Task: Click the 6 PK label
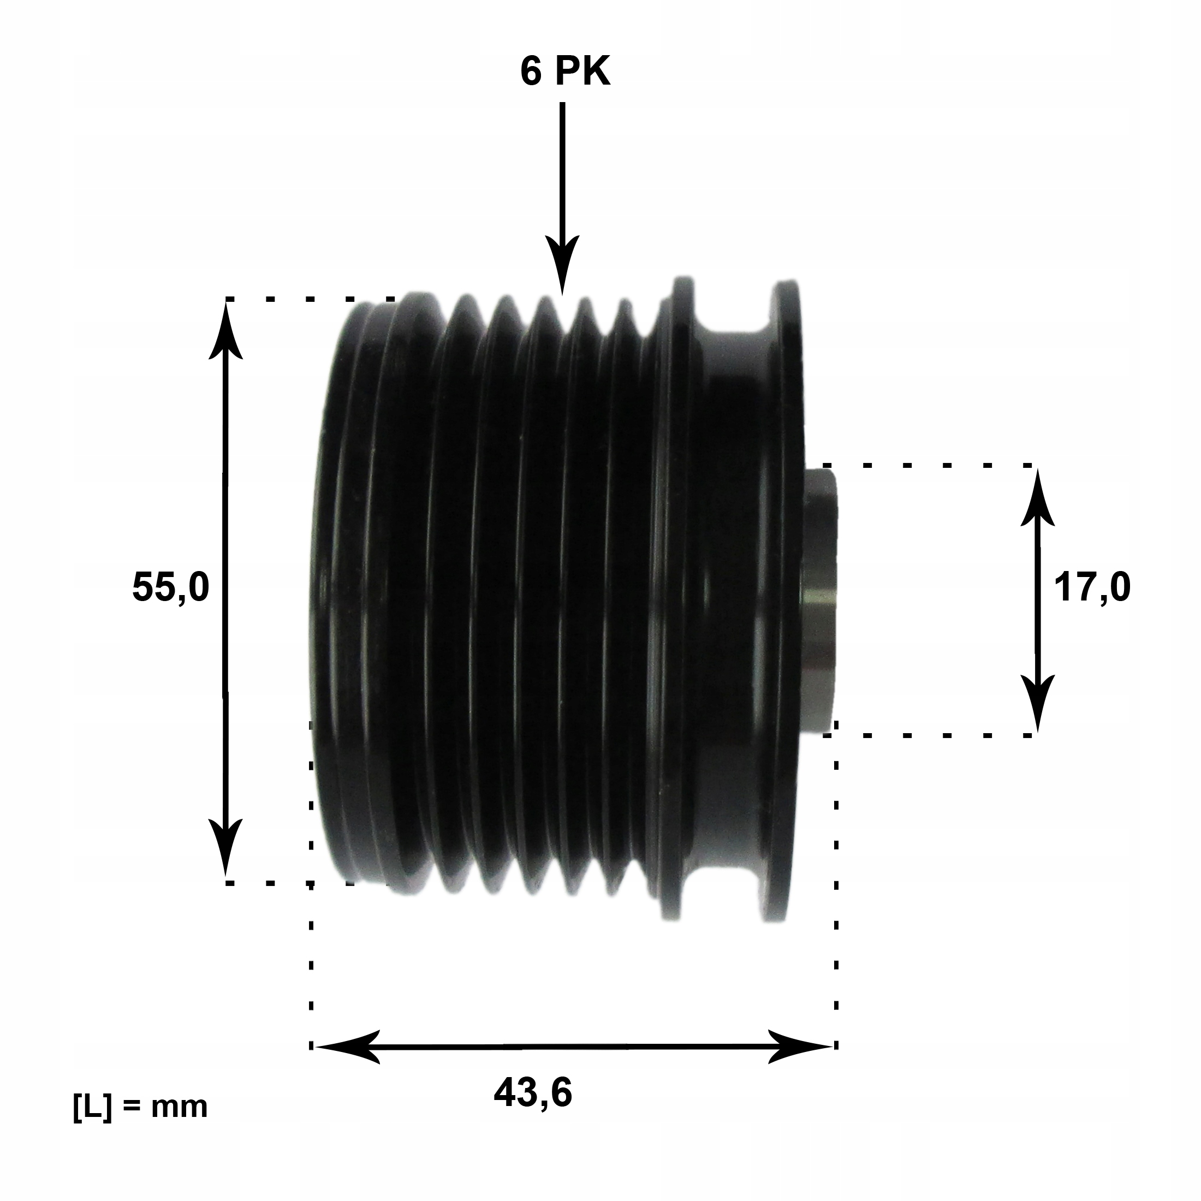[x=565, y=73]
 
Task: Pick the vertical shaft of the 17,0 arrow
[x=1037, y=602]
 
